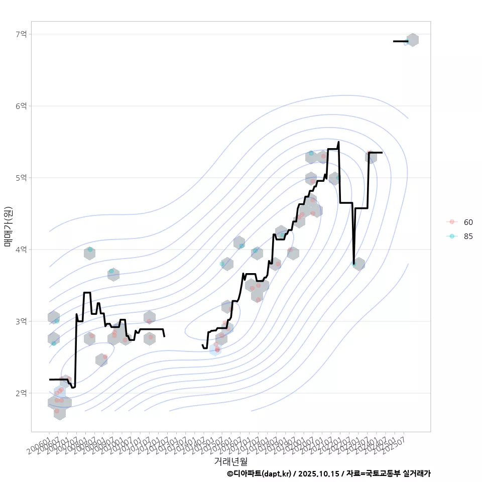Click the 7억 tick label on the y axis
point(21,34)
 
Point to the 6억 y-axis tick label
point(21,106)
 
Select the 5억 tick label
point(21,178)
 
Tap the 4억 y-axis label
point(21,250)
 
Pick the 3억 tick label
point(21,321)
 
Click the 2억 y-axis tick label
point(21,393)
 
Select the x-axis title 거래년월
point(230,461)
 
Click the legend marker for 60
point(452,222)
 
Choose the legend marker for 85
point(452,236)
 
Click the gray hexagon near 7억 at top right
point(412,40)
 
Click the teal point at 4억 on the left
point(90,250)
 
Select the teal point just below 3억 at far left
point(54,343)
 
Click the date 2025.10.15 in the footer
point(317,473)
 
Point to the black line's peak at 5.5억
point(338,142)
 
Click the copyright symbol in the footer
point(230,473)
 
